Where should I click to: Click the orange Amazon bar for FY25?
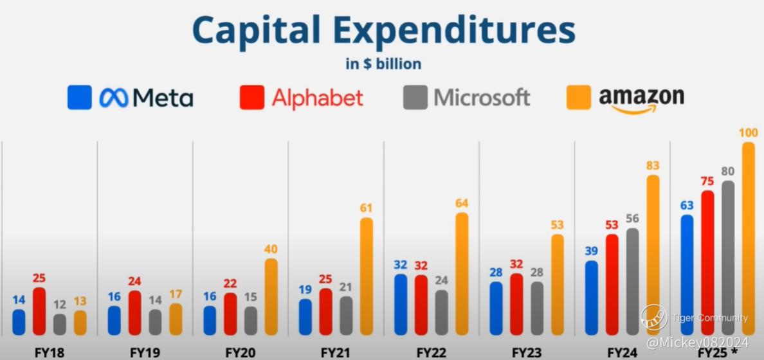[748, 238]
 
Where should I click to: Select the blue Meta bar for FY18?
[19, 322]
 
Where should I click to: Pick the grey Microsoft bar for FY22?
[441, 312]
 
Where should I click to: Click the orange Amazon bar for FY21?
[366, 276]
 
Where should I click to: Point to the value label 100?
[748, 132]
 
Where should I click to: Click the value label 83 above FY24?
[653, 165]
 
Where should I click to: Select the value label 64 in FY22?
[462, 203]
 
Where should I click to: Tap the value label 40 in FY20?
[271, 249]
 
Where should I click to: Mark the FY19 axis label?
[145, 352]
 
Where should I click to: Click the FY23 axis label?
[527, 352]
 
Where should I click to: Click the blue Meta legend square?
[79, 98]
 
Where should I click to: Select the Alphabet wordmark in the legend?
[317, 98]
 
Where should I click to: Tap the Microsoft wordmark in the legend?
[482, 98]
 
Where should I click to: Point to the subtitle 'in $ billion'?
[383, 64]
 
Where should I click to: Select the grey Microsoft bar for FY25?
[727, 257]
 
